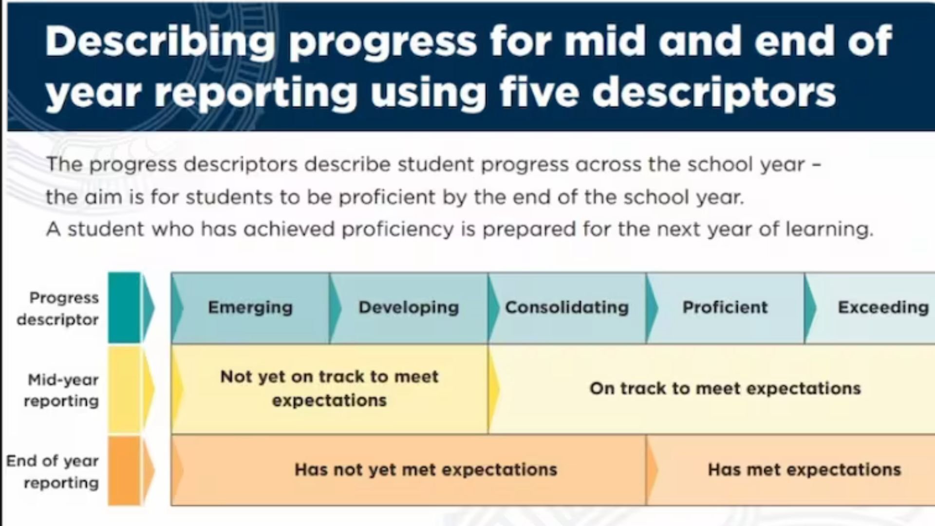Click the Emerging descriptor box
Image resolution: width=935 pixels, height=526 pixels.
[x=250, y=308]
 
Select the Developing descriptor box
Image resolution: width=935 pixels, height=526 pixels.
[x=409, y=308]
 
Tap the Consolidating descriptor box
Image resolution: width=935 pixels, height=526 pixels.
[x=567, y=308]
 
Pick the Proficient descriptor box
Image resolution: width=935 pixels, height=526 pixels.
[x=725, y=308]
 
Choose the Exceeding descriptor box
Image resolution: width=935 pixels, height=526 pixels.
[x=870, y=308]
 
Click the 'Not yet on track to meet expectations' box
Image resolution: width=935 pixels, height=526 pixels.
[x=330, y=389]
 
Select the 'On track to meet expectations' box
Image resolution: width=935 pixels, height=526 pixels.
[x=711, y=389]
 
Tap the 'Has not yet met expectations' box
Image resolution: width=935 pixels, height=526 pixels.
[x=409, y=470]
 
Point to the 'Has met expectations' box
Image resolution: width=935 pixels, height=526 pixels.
[x=790, y=470]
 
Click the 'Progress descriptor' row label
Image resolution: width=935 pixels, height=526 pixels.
[x=58, y=308]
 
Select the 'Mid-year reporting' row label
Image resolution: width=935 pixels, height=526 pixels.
[x=61, y=390]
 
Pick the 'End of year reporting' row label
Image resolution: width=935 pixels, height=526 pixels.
[x=53, y=471]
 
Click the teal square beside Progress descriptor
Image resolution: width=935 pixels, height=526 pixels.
[x=124, y=308]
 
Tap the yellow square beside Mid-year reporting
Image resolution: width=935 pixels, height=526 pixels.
[x=124, y=390]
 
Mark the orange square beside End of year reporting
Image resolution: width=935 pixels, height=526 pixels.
[x=124, y=470]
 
